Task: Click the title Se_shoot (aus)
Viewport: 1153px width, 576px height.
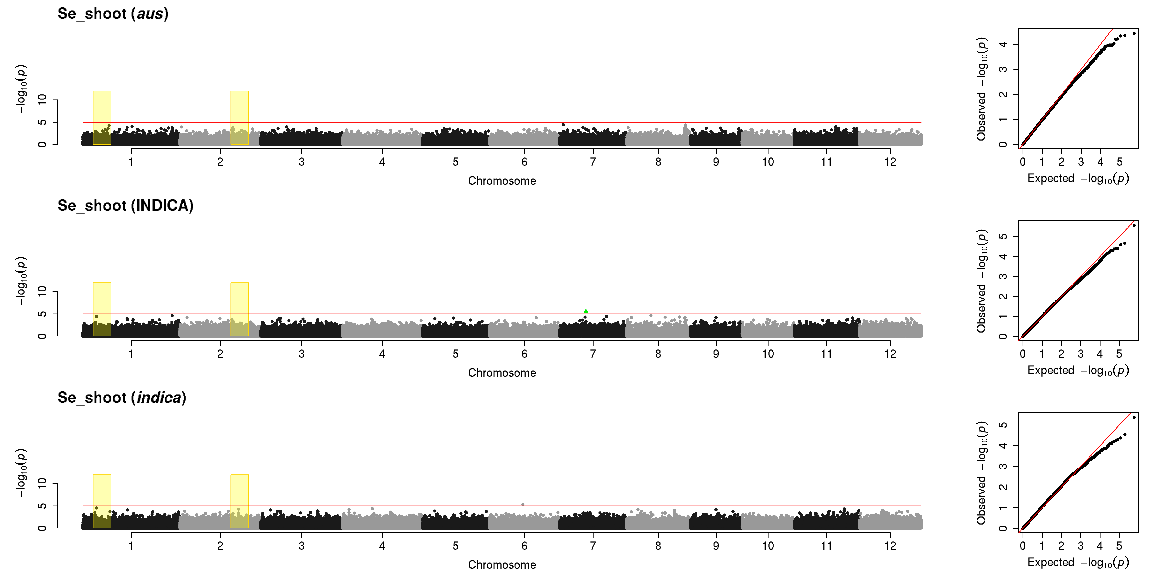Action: tap(113, 14)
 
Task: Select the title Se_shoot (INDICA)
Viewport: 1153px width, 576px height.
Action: tap(125, 206)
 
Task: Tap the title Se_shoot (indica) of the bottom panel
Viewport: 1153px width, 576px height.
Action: tap(122, 398)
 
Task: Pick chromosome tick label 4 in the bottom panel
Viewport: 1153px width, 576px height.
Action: tap(382, 546)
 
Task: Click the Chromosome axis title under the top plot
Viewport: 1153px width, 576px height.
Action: tap(502, 181)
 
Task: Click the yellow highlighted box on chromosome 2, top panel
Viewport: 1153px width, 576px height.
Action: tap(240, 118)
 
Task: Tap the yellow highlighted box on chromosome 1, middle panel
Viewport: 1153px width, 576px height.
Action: tap(102, 309)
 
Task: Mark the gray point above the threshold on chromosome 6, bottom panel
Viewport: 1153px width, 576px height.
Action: tap(523, 504)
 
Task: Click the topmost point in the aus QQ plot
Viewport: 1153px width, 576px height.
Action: tap(1134, 33)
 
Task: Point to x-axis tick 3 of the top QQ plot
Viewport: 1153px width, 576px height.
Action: tap(1080, 162)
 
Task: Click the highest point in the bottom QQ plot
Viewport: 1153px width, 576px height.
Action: tap(1134, 417)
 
